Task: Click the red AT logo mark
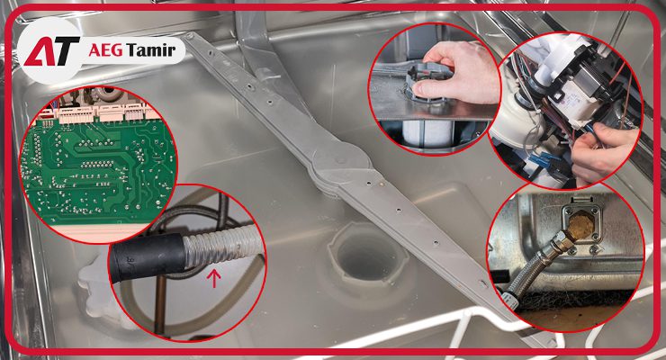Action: click(51, 51)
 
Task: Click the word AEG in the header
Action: click(106, 50)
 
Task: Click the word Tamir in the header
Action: click(151, 50)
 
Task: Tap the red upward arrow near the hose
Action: click(214, 278)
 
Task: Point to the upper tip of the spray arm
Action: click(189, 35)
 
